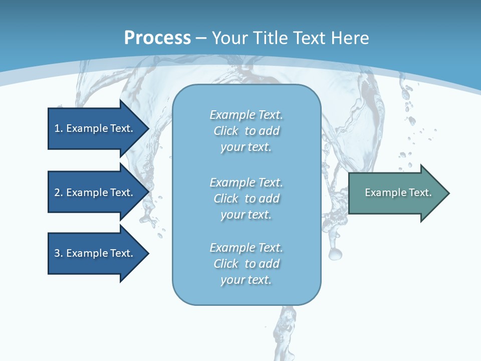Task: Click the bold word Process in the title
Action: [157, 38]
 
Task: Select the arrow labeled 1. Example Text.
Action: [94, 128]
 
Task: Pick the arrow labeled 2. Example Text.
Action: [94, 193]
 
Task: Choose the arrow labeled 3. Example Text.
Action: [94, 253]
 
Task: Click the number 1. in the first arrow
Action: [59, 128]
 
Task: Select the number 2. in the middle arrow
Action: [59, 193]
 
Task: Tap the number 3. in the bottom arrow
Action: [59, 253]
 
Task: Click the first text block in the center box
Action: [246, 131]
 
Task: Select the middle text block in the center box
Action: [246, 199]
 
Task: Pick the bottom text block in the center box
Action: [246, 264]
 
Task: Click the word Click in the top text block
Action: [226, 131]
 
